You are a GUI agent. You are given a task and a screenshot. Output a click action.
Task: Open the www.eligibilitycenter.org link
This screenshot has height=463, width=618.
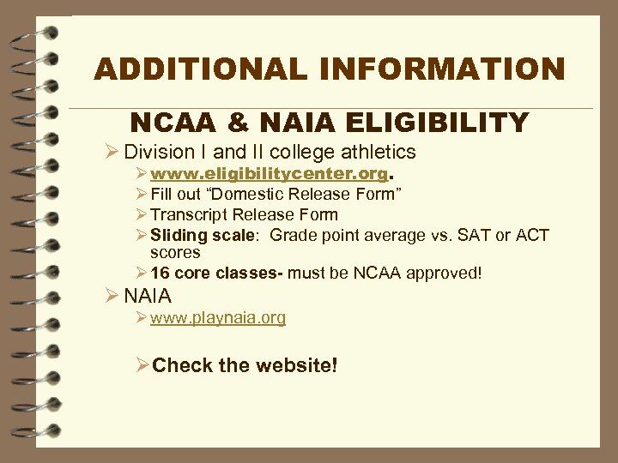tap(268, 174)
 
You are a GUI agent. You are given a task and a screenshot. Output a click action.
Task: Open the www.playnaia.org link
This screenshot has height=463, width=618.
tap(218, 318)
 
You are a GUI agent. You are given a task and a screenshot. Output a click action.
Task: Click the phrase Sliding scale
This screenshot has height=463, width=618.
tap(203, 235)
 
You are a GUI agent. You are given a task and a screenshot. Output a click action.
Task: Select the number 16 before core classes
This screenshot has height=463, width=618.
tap(160, 274)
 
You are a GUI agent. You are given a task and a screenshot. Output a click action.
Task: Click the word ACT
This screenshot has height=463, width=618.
tap(532, 235)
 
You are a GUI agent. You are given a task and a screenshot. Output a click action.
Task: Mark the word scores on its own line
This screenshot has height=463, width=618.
tap(174, 253)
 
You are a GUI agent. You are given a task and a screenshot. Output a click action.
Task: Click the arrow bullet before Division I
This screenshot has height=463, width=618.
tap(110, 153)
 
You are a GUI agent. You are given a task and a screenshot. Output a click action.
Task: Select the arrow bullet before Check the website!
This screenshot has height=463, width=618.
tap(142, 366)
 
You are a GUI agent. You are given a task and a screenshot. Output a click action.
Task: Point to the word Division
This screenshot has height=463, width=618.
tap(159, 153)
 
